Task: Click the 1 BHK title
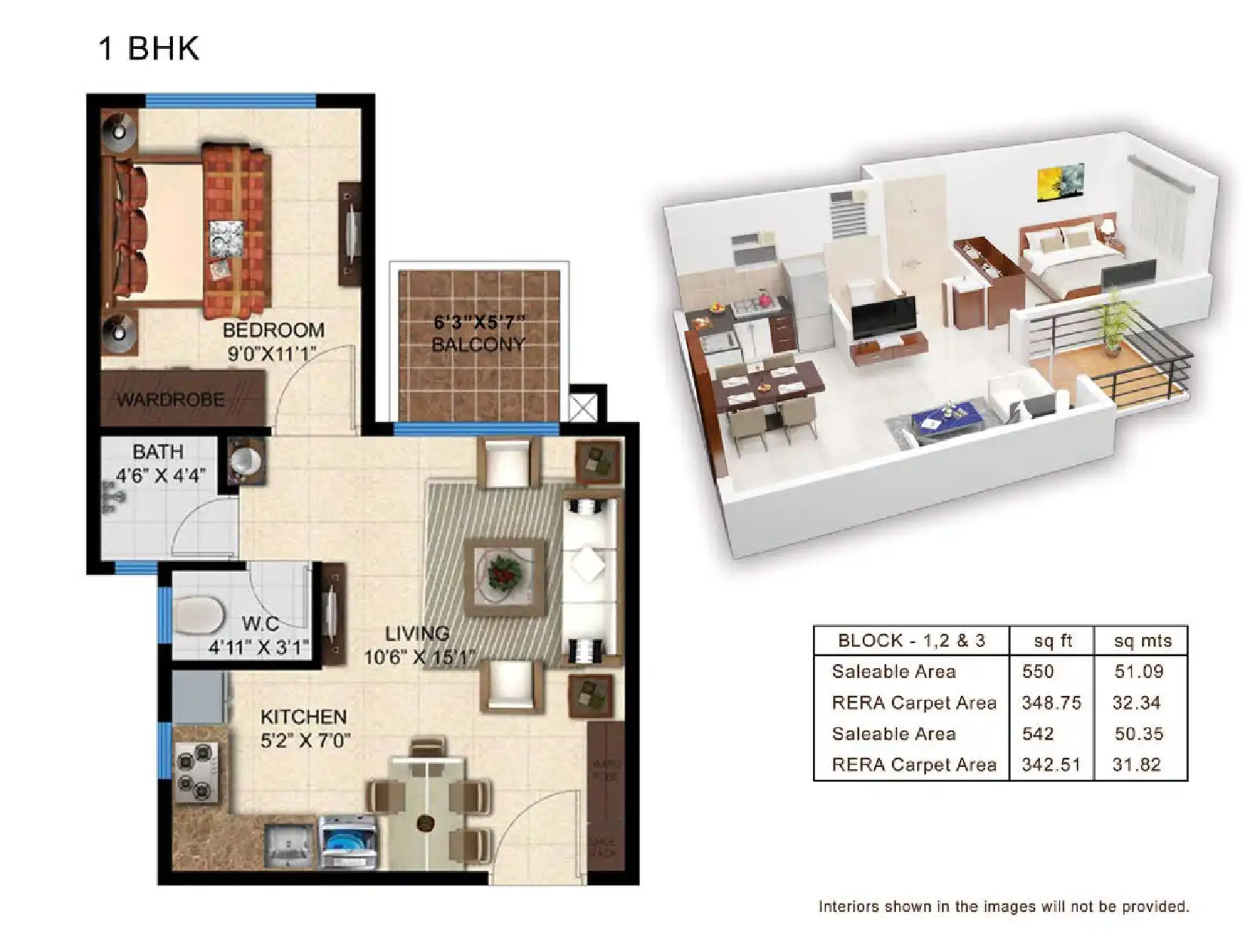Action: pos(149,49)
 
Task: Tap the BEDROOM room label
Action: pos(273,331)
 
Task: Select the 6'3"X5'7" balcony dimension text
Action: pos(479,322)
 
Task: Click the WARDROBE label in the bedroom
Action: pos(171,399)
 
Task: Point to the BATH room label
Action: pos(158,452)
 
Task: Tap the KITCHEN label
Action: pos(303,716)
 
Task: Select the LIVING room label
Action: pos(417,633)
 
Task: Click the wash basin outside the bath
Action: pos(245,460)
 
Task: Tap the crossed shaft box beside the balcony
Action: pos(583,408)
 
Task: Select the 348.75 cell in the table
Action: pos(1051,703)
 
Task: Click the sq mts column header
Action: pos(1142,642)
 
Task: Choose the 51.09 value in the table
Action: pos(1138,672)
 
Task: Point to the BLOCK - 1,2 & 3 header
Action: pos(911,642)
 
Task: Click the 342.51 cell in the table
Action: pos(1051,765)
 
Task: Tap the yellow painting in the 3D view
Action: pos(1059,183)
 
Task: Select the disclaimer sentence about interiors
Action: pos(1002,907)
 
